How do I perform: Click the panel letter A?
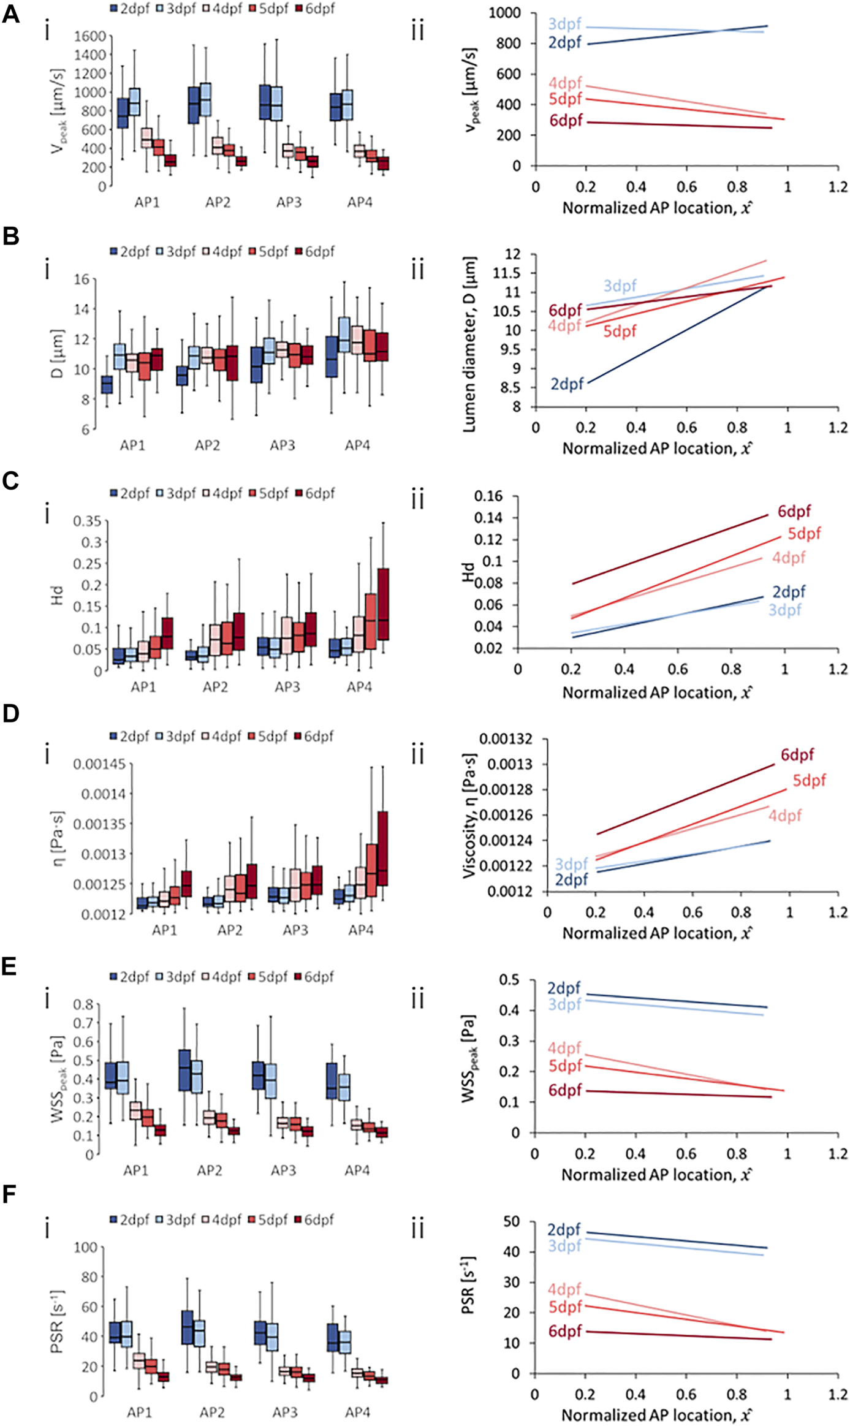point(10,13)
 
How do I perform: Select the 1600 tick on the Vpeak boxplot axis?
point(89,36)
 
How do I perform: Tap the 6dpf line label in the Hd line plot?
point(794,511)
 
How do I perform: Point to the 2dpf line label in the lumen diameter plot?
point(567,384)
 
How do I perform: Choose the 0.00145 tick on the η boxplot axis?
point(99,764)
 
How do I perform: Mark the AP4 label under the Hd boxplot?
point(359,688)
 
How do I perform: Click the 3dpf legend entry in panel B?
point(176,251)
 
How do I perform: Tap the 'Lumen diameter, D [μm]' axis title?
point(470,344)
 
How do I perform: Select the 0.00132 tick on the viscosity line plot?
point(506,739)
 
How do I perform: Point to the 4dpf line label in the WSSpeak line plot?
point(564,1048)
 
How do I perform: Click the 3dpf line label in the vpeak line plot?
point(564,25)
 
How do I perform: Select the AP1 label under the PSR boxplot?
point(140,1412)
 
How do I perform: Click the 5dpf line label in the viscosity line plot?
point(809,781)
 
